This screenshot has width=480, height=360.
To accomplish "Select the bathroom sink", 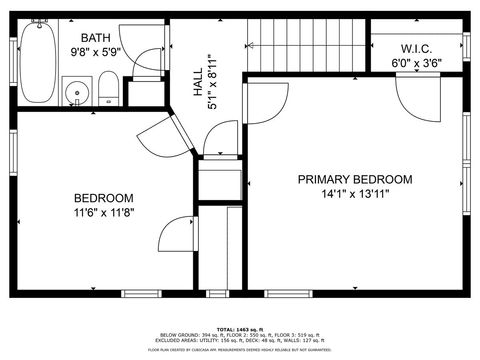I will tap(76, 95).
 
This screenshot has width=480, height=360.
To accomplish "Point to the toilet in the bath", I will tap(108, 94).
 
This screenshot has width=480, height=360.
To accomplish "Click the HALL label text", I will tap(197, 80).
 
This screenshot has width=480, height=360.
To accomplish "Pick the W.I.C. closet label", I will tap(416, 48).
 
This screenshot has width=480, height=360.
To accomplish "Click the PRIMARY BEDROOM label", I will tap(355, 180).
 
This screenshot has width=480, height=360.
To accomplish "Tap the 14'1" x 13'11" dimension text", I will tap(355, 194).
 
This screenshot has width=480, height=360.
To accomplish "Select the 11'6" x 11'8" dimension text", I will tap(103, 212).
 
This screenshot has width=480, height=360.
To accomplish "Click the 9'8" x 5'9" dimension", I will tap(95, 51).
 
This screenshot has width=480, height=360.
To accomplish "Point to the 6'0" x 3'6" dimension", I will tap(416, 63).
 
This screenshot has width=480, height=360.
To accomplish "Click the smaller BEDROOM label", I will tap(103, 198).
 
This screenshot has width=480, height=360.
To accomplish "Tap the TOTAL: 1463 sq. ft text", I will tap(239, 328).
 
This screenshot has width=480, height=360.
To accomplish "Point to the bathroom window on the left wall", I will tap(12, 50).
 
